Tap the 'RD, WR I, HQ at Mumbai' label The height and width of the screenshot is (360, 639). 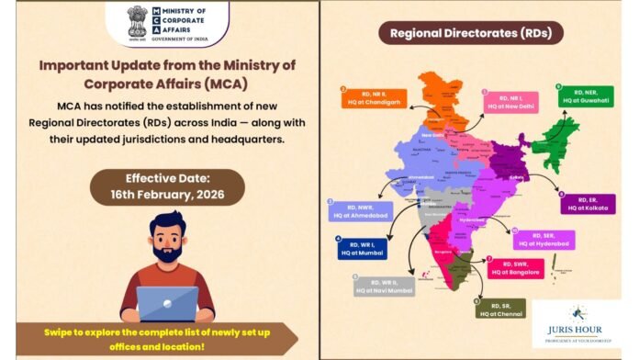(363, 248)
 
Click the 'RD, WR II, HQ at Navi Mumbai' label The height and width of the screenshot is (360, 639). (381, 286)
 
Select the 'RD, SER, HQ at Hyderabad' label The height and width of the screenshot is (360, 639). (544, 240)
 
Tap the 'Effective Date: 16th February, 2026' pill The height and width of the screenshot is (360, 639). (167, 186)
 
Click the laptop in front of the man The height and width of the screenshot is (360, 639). (167, 302)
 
